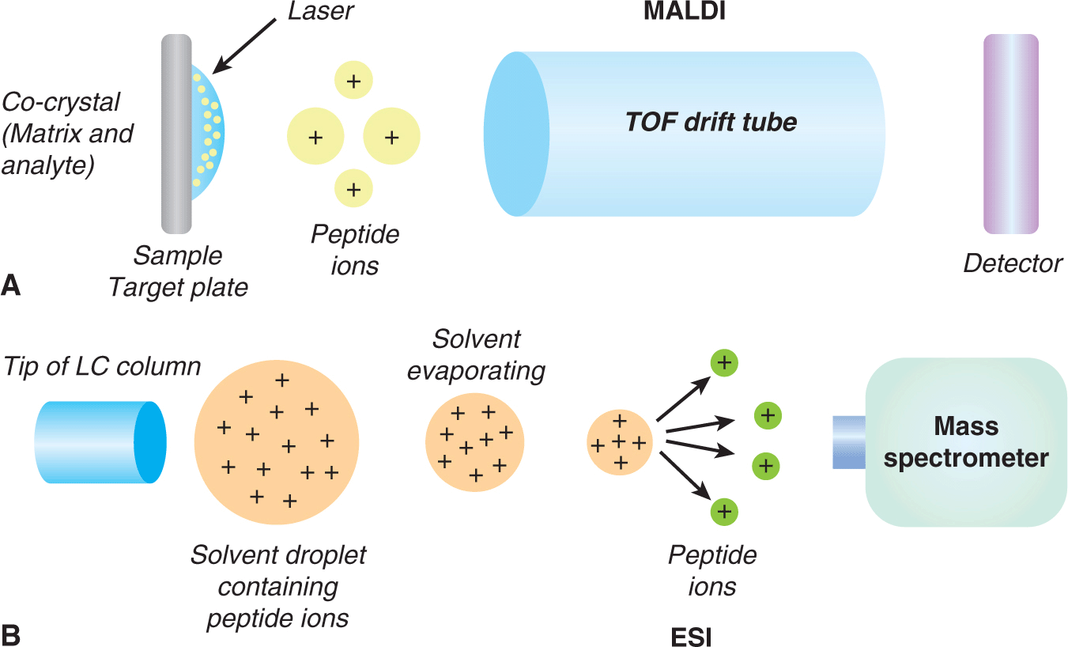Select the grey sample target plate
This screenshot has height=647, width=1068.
176,134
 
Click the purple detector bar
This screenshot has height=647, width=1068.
1010,134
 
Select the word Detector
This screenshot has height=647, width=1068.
1013,263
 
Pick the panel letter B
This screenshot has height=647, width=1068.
11,634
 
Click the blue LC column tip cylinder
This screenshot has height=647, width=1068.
100,441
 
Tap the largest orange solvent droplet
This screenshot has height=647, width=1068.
277,444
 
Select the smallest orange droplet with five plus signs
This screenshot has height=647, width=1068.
620,441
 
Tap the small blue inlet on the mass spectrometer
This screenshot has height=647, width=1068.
849,443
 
